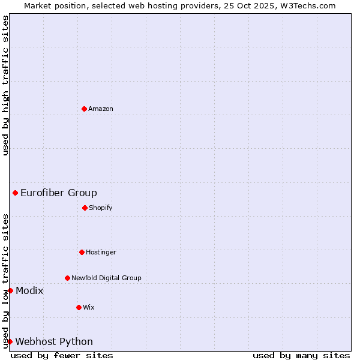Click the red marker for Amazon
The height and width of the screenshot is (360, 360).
coord(84,109)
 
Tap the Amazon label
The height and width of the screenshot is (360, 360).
coord(101,109)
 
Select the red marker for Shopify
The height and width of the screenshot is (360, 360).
coord(85,208)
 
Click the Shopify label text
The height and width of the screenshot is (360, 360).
coord(101,208)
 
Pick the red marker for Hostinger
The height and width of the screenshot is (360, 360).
coord(82,252)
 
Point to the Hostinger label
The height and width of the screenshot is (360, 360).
coord(101,253)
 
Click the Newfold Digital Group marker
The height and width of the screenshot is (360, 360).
coord(67,278)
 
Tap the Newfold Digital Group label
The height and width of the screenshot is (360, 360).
coord(106,278)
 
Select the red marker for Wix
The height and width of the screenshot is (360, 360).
coord(79,307)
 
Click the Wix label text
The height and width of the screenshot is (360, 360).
coord(89,308)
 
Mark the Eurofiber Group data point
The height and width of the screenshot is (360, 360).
coord(15,193)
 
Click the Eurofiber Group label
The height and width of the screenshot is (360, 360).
coord(59,193)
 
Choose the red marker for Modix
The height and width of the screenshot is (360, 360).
coord(10,290)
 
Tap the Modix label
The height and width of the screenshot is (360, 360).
coord(29,291)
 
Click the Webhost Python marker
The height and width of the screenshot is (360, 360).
coord(10,341)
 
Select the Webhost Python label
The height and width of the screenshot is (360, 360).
coord(54,342)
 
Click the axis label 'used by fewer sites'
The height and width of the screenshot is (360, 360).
coord(62,355)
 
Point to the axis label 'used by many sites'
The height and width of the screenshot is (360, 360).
coord(301,355)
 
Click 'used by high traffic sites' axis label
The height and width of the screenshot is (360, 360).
coord(5,85)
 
